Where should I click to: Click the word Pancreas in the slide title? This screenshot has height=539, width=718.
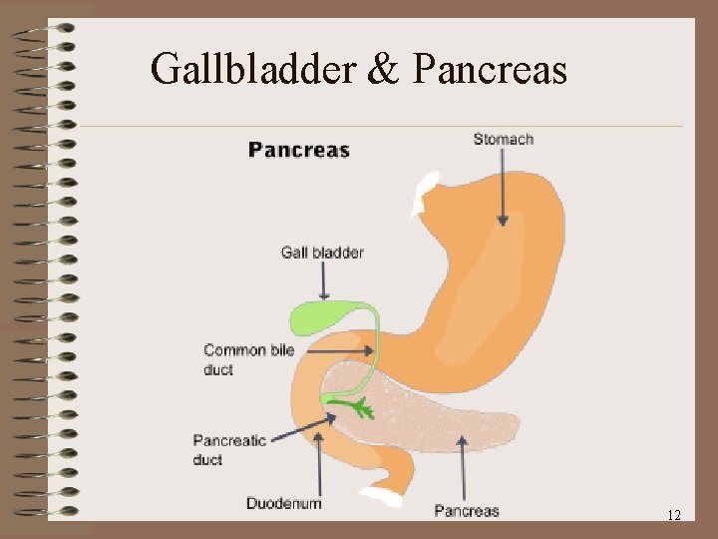point(489,69)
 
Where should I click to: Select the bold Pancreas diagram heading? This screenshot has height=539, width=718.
point(299,151)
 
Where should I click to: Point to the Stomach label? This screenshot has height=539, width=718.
point(504,139)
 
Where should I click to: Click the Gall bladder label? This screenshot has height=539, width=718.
point(322,253)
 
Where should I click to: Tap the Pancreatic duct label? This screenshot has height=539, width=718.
point(229,450)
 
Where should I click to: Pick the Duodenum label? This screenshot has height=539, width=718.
point(284,503)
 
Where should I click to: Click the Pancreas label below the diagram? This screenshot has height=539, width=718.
point(466,511)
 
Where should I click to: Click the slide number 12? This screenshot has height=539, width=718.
point(674,515)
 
